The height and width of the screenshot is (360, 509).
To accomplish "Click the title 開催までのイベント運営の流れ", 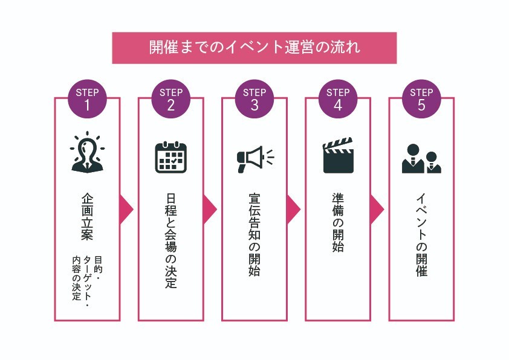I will pos(254,48).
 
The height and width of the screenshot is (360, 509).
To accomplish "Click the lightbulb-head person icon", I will pos(88,152).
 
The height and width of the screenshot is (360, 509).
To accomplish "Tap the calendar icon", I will pos(171,157).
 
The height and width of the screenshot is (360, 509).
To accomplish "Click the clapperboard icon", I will pos(338,156).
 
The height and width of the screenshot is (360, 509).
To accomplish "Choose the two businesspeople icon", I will pos(421,159).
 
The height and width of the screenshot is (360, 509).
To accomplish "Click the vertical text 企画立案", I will pos(88,216).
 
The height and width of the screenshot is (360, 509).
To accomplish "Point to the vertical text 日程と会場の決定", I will pos(171,241).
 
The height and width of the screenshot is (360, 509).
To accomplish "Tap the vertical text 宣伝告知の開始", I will pos(254,235).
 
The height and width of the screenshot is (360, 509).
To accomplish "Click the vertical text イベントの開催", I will pos(421,235).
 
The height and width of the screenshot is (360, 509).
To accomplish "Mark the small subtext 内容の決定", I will pos(76,279).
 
